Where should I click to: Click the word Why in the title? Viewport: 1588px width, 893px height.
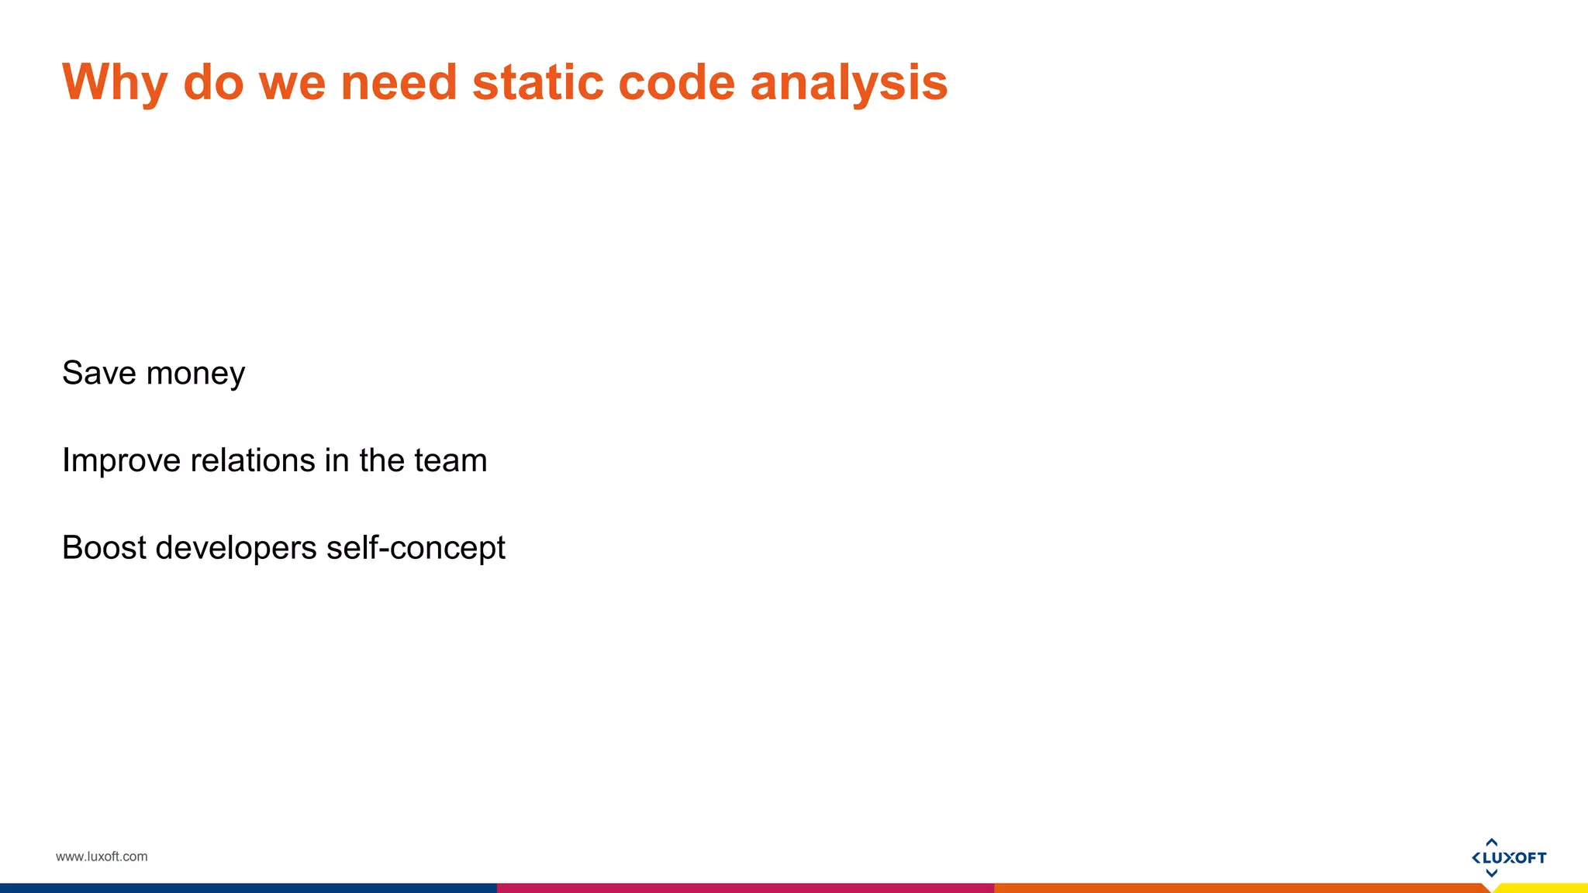coord(115,82)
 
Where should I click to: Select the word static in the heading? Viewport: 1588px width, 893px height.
coord(537,82)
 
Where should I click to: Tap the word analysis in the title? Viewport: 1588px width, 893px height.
coord(849,82)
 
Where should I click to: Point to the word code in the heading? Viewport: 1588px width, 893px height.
coord(676,82)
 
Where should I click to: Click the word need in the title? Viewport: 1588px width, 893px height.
coord(399,82)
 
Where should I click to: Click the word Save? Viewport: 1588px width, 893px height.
coord(99,373)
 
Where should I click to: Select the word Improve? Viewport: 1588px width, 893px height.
coord(121,461)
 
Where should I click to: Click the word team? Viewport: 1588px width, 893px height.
coord(451,461)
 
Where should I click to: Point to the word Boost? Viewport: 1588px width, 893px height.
coord(104,548)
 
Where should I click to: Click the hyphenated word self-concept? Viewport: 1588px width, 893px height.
coord(416,548)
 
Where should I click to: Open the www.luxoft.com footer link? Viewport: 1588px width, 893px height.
coord(102,857)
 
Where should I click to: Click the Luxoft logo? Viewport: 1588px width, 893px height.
coord(1509,857)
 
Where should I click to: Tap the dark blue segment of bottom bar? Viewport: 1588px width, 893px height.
coord(248,888)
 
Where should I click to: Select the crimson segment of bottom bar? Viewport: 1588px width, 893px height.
coord(744,888)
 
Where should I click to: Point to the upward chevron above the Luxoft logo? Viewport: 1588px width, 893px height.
coord(1491,842)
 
